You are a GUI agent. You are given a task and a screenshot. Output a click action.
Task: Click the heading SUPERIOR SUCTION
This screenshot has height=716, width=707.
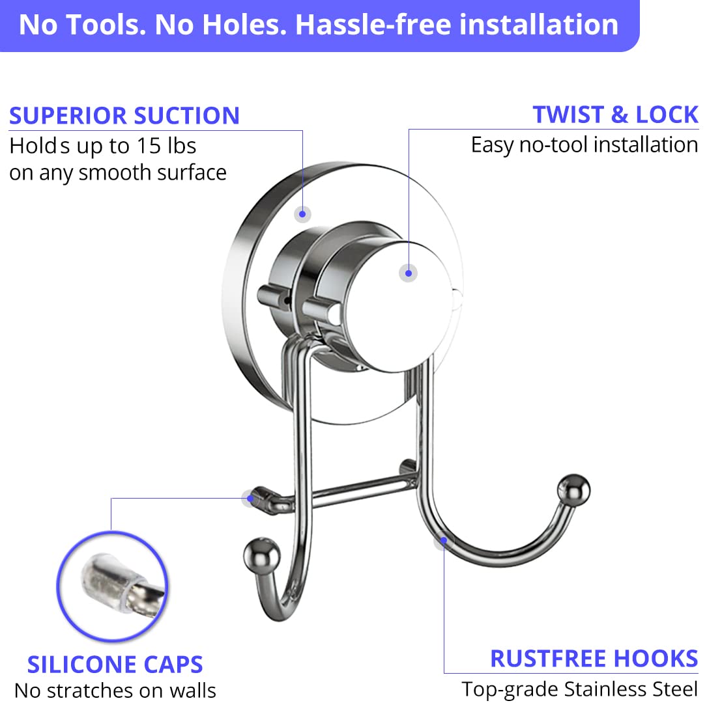pos(124,115)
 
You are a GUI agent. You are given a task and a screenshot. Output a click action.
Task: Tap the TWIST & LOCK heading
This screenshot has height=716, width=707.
pos(615,114)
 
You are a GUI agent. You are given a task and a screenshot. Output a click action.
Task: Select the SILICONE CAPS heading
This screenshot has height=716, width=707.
pos(115,665)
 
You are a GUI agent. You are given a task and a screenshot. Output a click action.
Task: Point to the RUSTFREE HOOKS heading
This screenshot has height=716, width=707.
pos(594,659)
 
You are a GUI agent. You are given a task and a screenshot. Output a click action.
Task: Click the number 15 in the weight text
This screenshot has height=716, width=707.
pos(149,146)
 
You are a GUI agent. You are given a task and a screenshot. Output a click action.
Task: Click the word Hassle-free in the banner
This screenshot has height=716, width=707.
pos(373,25)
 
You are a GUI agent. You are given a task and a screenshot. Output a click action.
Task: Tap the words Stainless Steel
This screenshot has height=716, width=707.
pos(631,689)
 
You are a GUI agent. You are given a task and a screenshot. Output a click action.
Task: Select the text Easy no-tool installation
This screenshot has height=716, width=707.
pos(584,145)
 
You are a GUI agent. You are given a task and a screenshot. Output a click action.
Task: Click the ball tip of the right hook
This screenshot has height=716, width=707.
pos(573,490)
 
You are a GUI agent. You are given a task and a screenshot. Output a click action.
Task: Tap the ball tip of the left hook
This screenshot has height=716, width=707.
pos(261,556)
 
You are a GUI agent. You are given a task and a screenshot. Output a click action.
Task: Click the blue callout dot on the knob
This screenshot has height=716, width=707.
pos(408,273)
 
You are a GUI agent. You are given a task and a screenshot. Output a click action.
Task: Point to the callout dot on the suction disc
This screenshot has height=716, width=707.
pos(302,213)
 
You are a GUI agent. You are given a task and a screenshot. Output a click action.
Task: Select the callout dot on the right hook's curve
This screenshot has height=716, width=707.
pos(443,541)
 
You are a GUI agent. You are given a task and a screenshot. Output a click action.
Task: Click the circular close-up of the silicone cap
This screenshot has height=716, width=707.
pos(113,586)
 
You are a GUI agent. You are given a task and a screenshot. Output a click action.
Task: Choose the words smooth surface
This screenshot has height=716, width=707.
pos(152,172)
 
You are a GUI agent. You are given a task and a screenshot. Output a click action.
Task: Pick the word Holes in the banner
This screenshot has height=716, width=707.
pos(244,25)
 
